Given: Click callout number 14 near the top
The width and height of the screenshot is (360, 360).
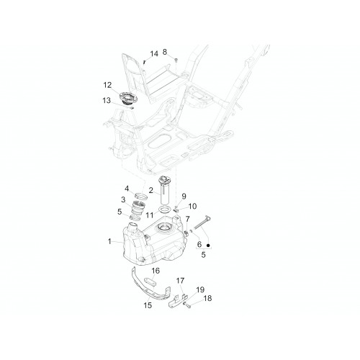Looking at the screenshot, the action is (x=154, y=54).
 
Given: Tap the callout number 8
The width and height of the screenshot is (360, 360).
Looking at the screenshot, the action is (x=165, y=52).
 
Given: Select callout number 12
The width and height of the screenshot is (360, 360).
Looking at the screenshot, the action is (x=107, y=85).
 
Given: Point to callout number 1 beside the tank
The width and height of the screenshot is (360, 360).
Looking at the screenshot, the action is (x=109, y=241).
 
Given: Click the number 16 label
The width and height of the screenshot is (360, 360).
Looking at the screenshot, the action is (x=156, y=271).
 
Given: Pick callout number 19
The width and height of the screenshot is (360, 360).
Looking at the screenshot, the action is (x=200, y=289).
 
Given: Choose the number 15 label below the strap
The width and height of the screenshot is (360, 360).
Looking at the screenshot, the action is (x=148, y=305).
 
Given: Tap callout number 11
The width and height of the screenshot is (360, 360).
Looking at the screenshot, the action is (x=150, y=215).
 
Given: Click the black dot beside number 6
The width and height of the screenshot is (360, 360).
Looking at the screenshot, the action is (x=208, y=246).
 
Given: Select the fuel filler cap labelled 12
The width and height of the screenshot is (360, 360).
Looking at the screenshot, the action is (x=128, y=98).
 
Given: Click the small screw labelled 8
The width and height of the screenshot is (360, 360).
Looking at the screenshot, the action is (x=176, y=60).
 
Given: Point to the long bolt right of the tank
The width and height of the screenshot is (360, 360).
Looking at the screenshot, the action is (x=202, y=223).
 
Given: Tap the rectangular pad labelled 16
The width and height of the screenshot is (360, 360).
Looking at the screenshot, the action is (x=150, y=282).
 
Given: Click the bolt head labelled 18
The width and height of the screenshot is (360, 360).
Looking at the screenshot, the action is (x=189, y=305).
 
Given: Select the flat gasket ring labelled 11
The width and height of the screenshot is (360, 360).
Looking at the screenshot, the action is (x=166, y=209).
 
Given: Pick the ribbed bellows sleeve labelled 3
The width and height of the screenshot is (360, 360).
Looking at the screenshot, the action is (x=138, y=207).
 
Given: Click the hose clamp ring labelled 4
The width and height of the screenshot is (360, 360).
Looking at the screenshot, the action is (x=140, y=196).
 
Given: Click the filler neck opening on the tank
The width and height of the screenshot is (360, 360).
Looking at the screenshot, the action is (x=132, y=225).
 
